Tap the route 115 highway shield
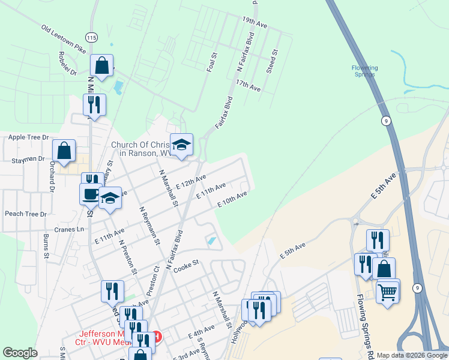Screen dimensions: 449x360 click(x=91, y=37)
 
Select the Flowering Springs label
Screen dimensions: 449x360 click(x=364, y=71)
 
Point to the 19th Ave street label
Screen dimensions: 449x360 click(x=255, y=23)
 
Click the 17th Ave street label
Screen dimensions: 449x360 click(x=248, y=85)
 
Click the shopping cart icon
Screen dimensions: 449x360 click(x=388, y=293)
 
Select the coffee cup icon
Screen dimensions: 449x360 click(x=91, y=194)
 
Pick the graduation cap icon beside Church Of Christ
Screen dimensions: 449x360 click(x=181, y=145)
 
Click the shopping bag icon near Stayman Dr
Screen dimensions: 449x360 click(x=64, y=151)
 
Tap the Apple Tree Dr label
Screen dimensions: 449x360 click(x=28, y=137)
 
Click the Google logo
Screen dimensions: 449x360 click(x=20, y=353)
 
